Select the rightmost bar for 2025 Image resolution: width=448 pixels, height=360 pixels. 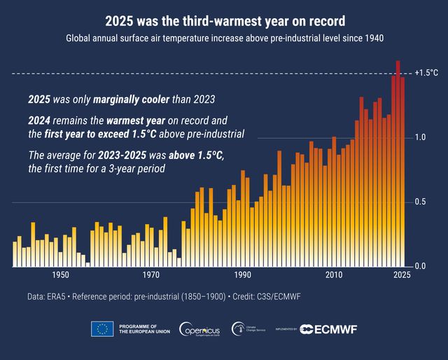pos(402,172)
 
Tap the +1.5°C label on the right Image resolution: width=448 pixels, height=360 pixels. pos(426,73)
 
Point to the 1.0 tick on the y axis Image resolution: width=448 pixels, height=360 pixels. pos(420,137)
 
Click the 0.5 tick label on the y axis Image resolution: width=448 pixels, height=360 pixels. pos(420,202)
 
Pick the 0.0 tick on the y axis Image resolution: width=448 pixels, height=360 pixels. pos(420,267)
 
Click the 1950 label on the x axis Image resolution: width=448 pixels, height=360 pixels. pos(60,275)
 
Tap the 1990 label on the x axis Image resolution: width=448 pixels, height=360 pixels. pos(243,275)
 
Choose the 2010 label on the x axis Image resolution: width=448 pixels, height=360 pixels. pos(334,275)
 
